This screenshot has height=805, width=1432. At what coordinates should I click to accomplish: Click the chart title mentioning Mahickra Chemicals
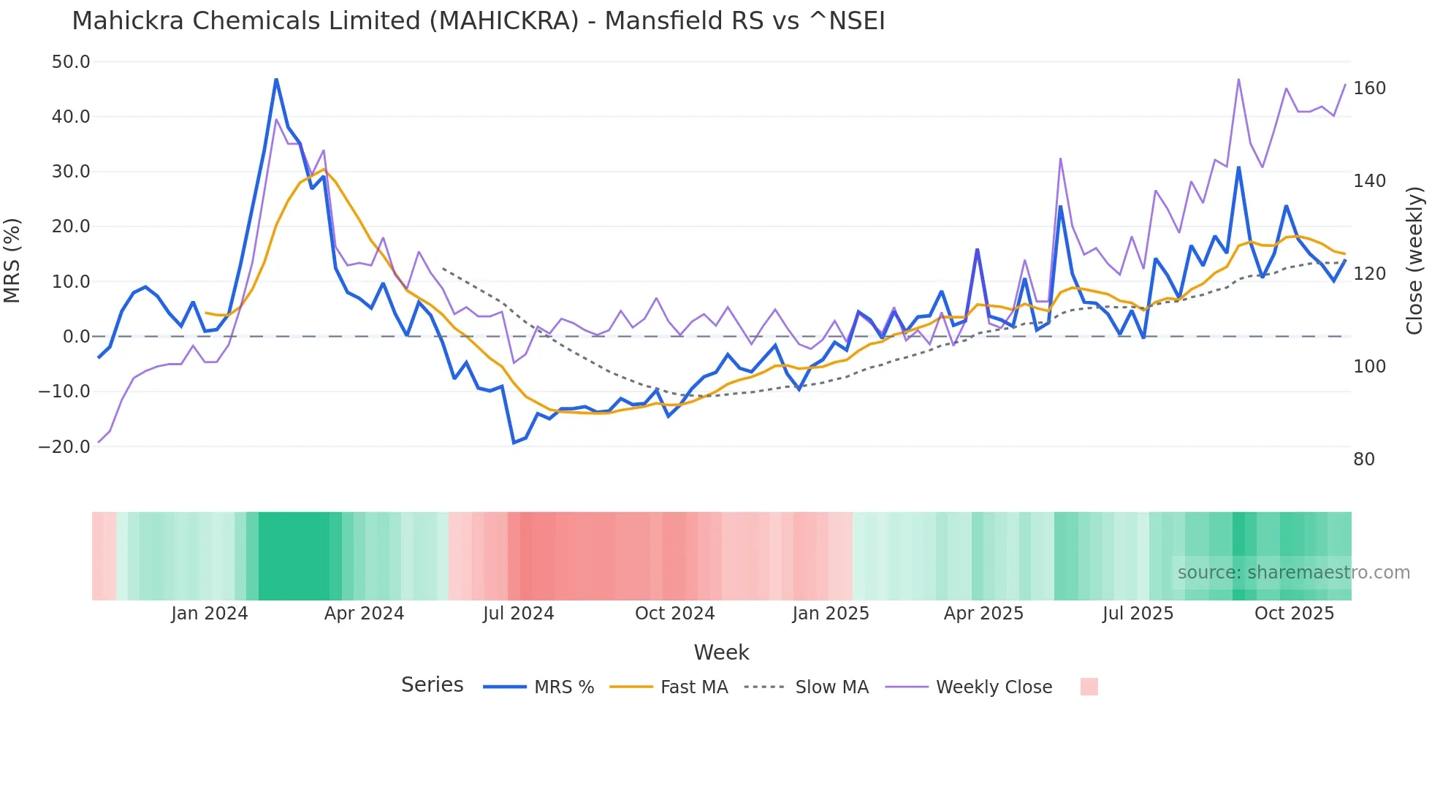click(x=478, y=21)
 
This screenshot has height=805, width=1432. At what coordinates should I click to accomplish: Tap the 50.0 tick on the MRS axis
click(x=71, y=62)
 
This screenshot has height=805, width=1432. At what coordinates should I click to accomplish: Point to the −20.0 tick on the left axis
click(x=64, y=446)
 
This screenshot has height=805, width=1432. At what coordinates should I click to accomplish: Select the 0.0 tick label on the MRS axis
click(x=76, y=337)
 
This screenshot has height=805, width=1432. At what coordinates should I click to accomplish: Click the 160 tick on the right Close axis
click(x=1369, y=88)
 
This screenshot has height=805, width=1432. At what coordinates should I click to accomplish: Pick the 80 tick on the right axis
click(x=1364, y=459)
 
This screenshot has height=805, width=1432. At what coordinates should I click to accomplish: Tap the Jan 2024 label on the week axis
click(x=210, y=614)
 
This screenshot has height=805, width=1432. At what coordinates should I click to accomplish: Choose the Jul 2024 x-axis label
click(x=519, y=614)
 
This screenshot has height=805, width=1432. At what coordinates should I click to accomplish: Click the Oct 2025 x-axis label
click(x=1294, y=614)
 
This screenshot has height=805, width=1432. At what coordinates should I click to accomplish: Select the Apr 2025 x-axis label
click(x=983, y=614)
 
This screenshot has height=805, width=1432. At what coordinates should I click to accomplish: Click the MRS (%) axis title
click(x=12, y=261)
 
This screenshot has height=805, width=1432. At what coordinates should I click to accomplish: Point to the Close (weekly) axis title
click(x=1414, y=261)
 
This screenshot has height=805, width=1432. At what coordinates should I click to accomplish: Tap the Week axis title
click(x=721, y=652)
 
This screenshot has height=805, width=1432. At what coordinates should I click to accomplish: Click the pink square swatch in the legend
click(x=1089, y=687)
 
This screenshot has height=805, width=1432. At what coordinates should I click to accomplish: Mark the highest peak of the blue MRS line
click(x=276, y=79)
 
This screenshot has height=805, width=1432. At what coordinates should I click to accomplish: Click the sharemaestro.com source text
click(x=1293, y=573)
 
